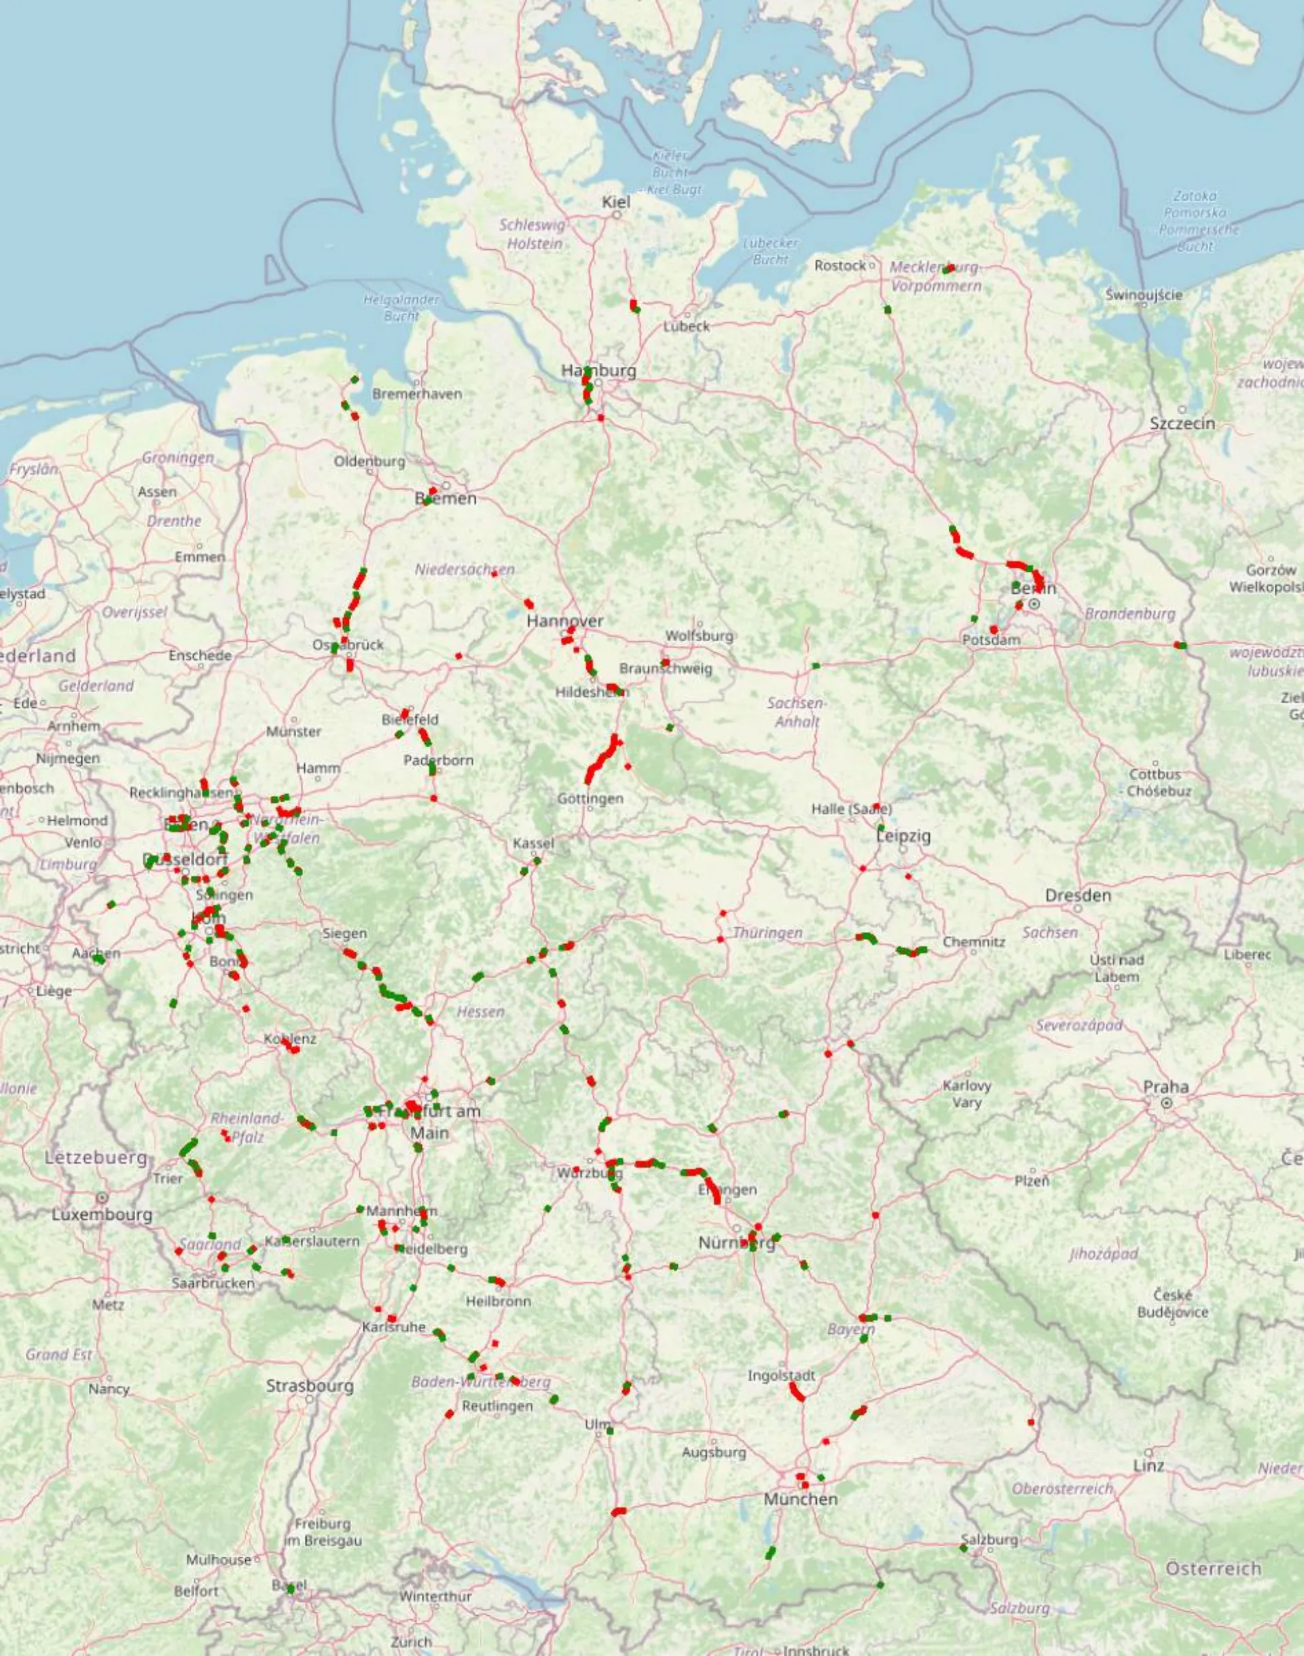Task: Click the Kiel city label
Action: pos(616,202)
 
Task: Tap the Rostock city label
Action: pos(840,266)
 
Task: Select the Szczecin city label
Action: pos(1182,423)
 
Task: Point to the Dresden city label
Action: pos(1078,895)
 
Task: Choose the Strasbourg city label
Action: pos(309,1385)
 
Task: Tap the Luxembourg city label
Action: pos(102,1214)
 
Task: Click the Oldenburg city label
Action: pos(369,461)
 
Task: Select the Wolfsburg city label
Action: pos(699,635)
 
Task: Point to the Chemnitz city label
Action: pos(973,941)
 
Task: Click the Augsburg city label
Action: pos(713,1452)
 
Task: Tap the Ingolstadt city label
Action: pos(781,1375)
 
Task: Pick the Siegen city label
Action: pos(344,933)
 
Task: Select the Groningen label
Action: pos(178,457)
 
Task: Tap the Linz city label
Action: pos(1148,1465)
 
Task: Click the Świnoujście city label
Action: pos(1144,295)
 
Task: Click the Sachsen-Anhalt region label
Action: pos(795,712)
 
